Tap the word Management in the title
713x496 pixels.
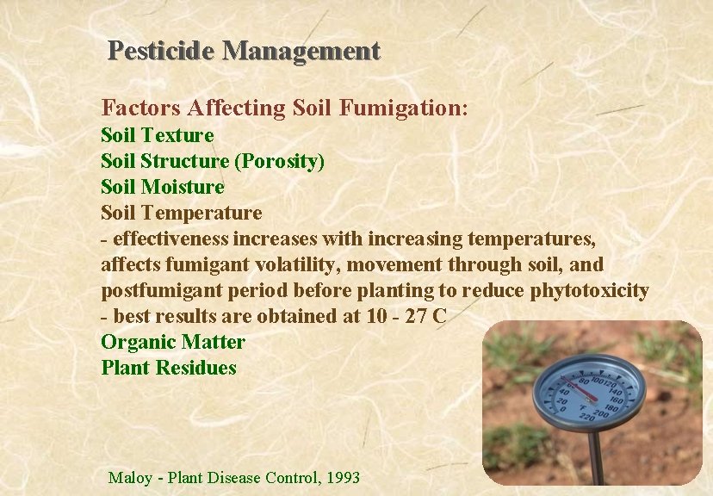pyautogui.click(x=301, y=51)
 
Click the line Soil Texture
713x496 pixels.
pyautogui.click(x=158, y=135)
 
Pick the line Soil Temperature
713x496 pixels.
pyautogui.click(x=182, y=213)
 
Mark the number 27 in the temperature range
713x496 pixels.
pyautogui.click(x=416, y=316)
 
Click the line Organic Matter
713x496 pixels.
pyautogui.click(x=173, y=342)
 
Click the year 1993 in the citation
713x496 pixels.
pyautogui.click(x=339, y=477)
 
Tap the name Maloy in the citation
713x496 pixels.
pyautogui.click(x=130, y=477)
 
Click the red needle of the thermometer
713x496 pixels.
pyautogui.click(x=580, y=392)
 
